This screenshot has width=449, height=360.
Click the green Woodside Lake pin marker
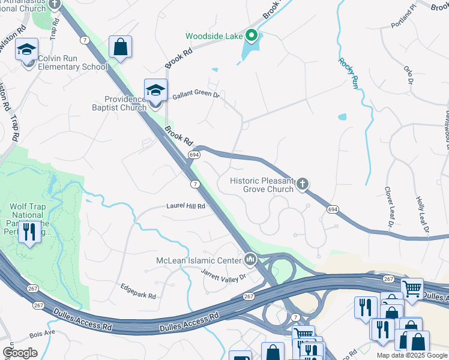coord(252,35)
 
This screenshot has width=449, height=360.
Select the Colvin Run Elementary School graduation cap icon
coord(26,50)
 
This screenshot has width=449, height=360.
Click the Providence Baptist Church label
coord(125,103)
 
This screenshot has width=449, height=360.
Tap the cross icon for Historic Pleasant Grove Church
coord(303,184)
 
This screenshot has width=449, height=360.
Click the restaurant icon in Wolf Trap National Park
coord(28,230)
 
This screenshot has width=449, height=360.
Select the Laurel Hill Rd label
coord(185,206)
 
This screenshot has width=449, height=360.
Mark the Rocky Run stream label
coord(348,74)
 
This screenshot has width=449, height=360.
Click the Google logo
coord(20,352)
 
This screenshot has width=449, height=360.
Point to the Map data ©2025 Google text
coord(412,355)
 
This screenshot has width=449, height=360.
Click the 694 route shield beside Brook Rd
coord(193,155)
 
